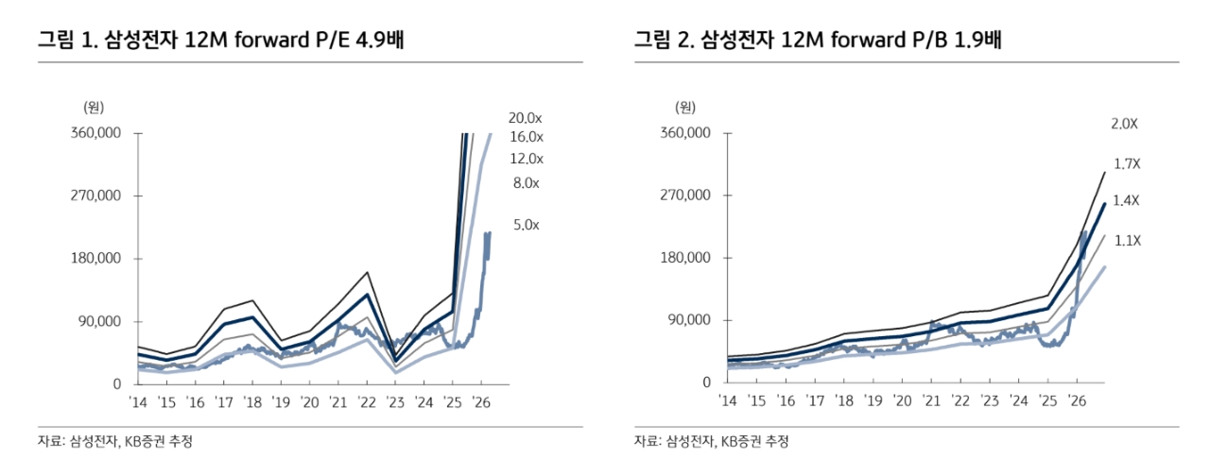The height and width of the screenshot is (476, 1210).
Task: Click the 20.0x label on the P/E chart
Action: click(525, 118)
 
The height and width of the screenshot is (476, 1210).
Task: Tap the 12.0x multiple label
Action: click(525, 159)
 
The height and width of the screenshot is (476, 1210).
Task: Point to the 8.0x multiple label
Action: click(525, 183)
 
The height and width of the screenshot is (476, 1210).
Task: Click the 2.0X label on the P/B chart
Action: click(1125, 124)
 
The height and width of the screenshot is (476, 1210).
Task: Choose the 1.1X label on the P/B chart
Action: click(1127, 241)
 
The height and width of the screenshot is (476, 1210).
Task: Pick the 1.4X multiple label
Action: click(1127, 200)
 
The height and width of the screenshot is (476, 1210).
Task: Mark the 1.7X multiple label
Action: click(1127, 164)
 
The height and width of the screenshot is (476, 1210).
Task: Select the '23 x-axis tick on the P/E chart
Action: click(394, 402)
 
